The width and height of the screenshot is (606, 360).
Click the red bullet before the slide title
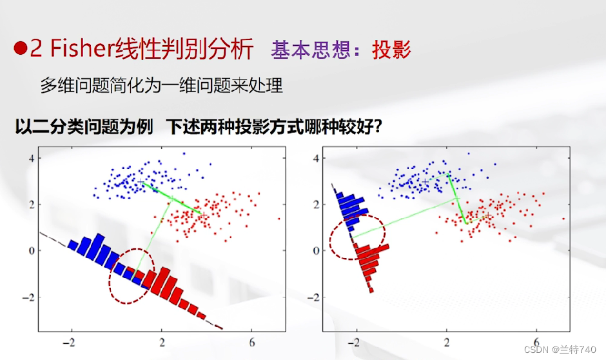[20, 50]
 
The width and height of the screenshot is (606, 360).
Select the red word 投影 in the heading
[391, 50]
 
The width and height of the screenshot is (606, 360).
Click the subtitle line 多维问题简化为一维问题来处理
[161, 85]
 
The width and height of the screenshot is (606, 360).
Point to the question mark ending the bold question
[378, 126]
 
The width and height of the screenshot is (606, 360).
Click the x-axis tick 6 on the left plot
[252, 342]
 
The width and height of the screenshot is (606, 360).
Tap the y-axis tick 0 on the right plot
[316, 250]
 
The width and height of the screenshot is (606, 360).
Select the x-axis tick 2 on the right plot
[447, 342]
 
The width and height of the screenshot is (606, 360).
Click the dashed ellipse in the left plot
[132, 275]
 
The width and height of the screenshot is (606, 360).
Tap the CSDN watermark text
[560, 349]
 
